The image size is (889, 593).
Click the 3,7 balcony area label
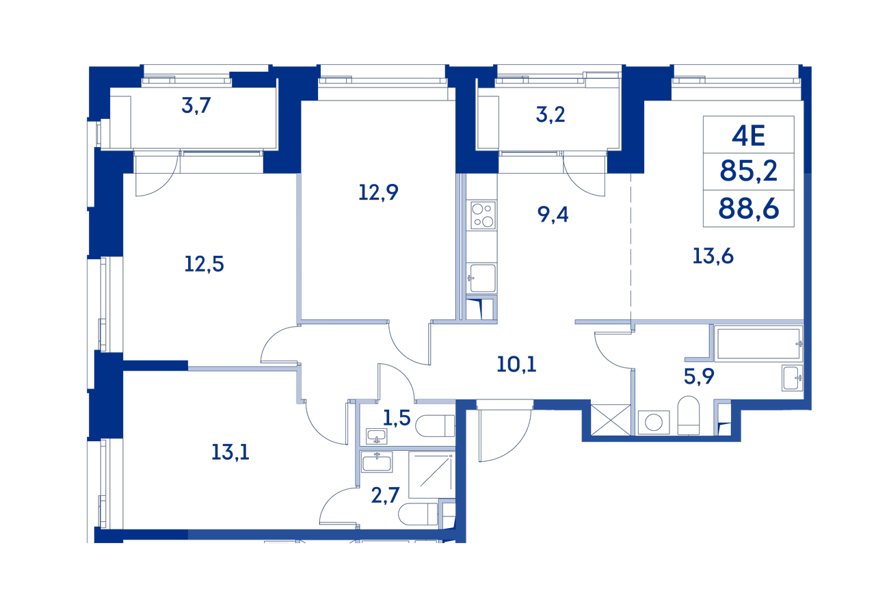click(x=196, y=106)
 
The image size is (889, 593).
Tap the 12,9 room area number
click(x=378, y=192)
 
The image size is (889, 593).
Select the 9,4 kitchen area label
click(x=553, y=215)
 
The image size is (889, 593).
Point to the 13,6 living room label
click(x=713, y=256)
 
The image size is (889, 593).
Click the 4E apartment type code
click(x=749, y=135)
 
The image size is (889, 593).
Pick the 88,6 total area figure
click(x=749, y=209)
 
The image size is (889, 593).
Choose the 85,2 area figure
click(x=749, y=172)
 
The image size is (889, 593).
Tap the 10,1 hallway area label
click(x=516, y=365)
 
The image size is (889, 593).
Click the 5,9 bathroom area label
click(x=699, y=376)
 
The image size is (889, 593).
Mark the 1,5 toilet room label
click(x=397, y=418)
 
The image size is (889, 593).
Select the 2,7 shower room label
click(x=385, y=495)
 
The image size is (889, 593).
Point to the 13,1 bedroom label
click(x=230, y=453)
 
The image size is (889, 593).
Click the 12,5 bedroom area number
click(x=204, y=264)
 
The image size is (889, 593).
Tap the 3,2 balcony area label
click(x=550, y=115)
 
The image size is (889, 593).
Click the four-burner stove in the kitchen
click(x=483, y=215)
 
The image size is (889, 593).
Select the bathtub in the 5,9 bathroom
click(x=758, y=344)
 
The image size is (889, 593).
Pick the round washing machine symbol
click(x=653, y=422)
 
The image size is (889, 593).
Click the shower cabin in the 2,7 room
click(x=432, y=474)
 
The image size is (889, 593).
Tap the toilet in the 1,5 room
click(x=435, y=426)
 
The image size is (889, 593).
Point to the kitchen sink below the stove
click(x=483, y=278)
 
